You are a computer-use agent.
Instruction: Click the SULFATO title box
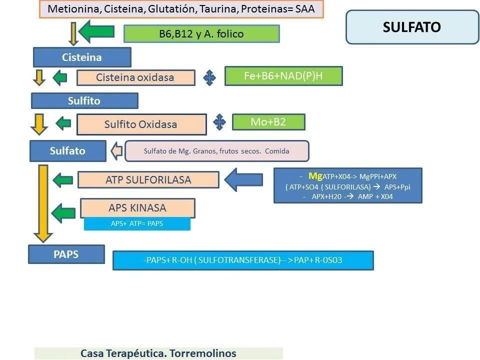(412, 27)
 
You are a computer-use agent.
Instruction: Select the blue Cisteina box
(82, 57)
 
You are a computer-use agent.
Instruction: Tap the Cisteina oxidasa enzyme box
(135, 77)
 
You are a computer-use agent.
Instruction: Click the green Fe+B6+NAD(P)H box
(283, 76)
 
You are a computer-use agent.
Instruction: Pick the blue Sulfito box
(84, 100)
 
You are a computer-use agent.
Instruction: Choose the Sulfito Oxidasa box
(141, 124)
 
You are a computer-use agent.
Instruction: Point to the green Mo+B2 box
(268, 122)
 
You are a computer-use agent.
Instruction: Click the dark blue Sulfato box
(67, 150)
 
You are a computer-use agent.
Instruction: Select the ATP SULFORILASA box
(148, 179)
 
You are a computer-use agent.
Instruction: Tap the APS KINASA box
(137, 207)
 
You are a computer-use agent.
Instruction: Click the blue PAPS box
(66, 254)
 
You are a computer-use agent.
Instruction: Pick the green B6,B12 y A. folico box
(201, 34)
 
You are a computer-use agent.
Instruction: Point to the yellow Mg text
(315, 175)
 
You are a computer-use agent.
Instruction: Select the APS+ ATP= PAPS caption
(137, 224)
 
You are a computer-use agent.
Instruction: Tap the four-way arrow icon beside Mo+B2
(219, 122)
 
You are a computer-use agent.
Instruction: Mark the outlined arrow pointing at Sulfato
(116, 150)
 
